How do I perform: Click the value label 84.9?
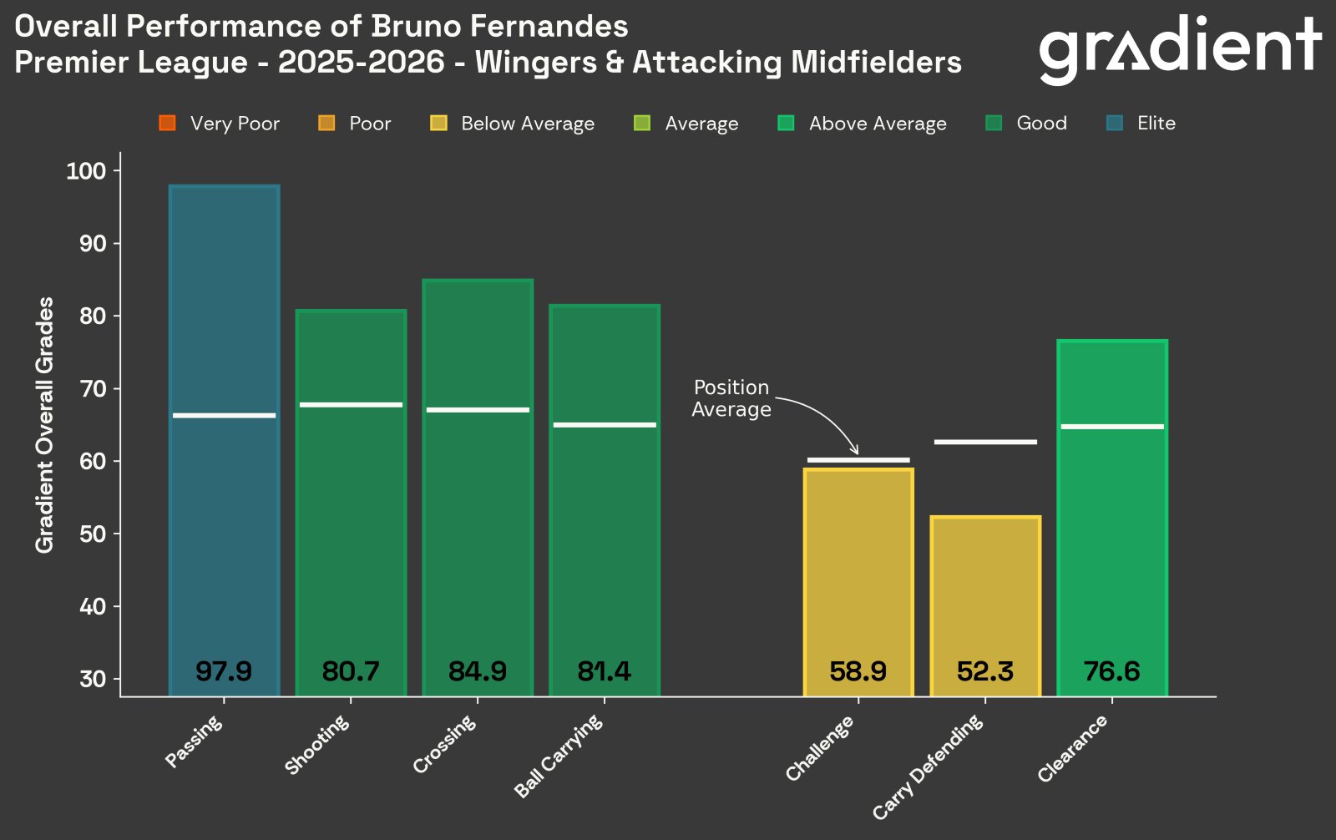[x=478, y=671]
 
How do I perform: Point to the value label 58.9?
[x=858, y=671]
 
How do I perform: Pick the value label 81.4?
[x=604, y=671]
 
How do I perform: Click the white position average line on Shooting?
[x=351, y=405]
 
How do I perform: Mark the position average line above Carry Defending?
[x=985, y=442]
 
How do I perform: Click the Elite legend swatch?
[x=1115, y=124]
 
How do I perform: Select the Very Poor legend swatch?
[x=167, y=124]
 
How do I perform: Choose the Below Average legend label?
[x=528, y=124]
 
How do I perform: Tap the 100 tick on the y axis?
[x=87, y=171]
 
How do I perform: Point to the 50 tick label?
[x=93, y=534]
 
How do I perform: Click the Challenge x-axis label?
[x=821, y=748]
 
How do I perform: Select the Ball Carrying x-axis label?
[x=559, y=757]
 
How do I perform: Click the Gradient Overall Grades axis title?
[x=45, y=424]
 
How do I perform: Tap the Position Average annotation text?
[x=731, y=398]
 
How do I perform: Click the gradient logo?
[x=1179, y=48]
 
